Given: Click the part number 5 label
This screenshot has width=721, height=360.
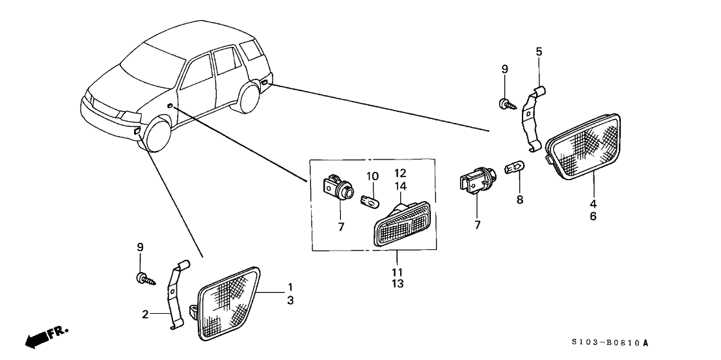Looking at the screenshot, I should point(538,51).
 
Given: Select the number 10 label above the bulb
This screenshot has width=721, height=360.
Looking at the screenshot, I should point(372,176).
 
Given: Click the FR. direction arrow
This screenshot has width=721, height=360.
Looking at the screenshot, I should point(44,337).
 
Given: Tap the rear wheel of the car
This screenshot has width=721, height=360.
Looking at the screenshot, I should point(250,97).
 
